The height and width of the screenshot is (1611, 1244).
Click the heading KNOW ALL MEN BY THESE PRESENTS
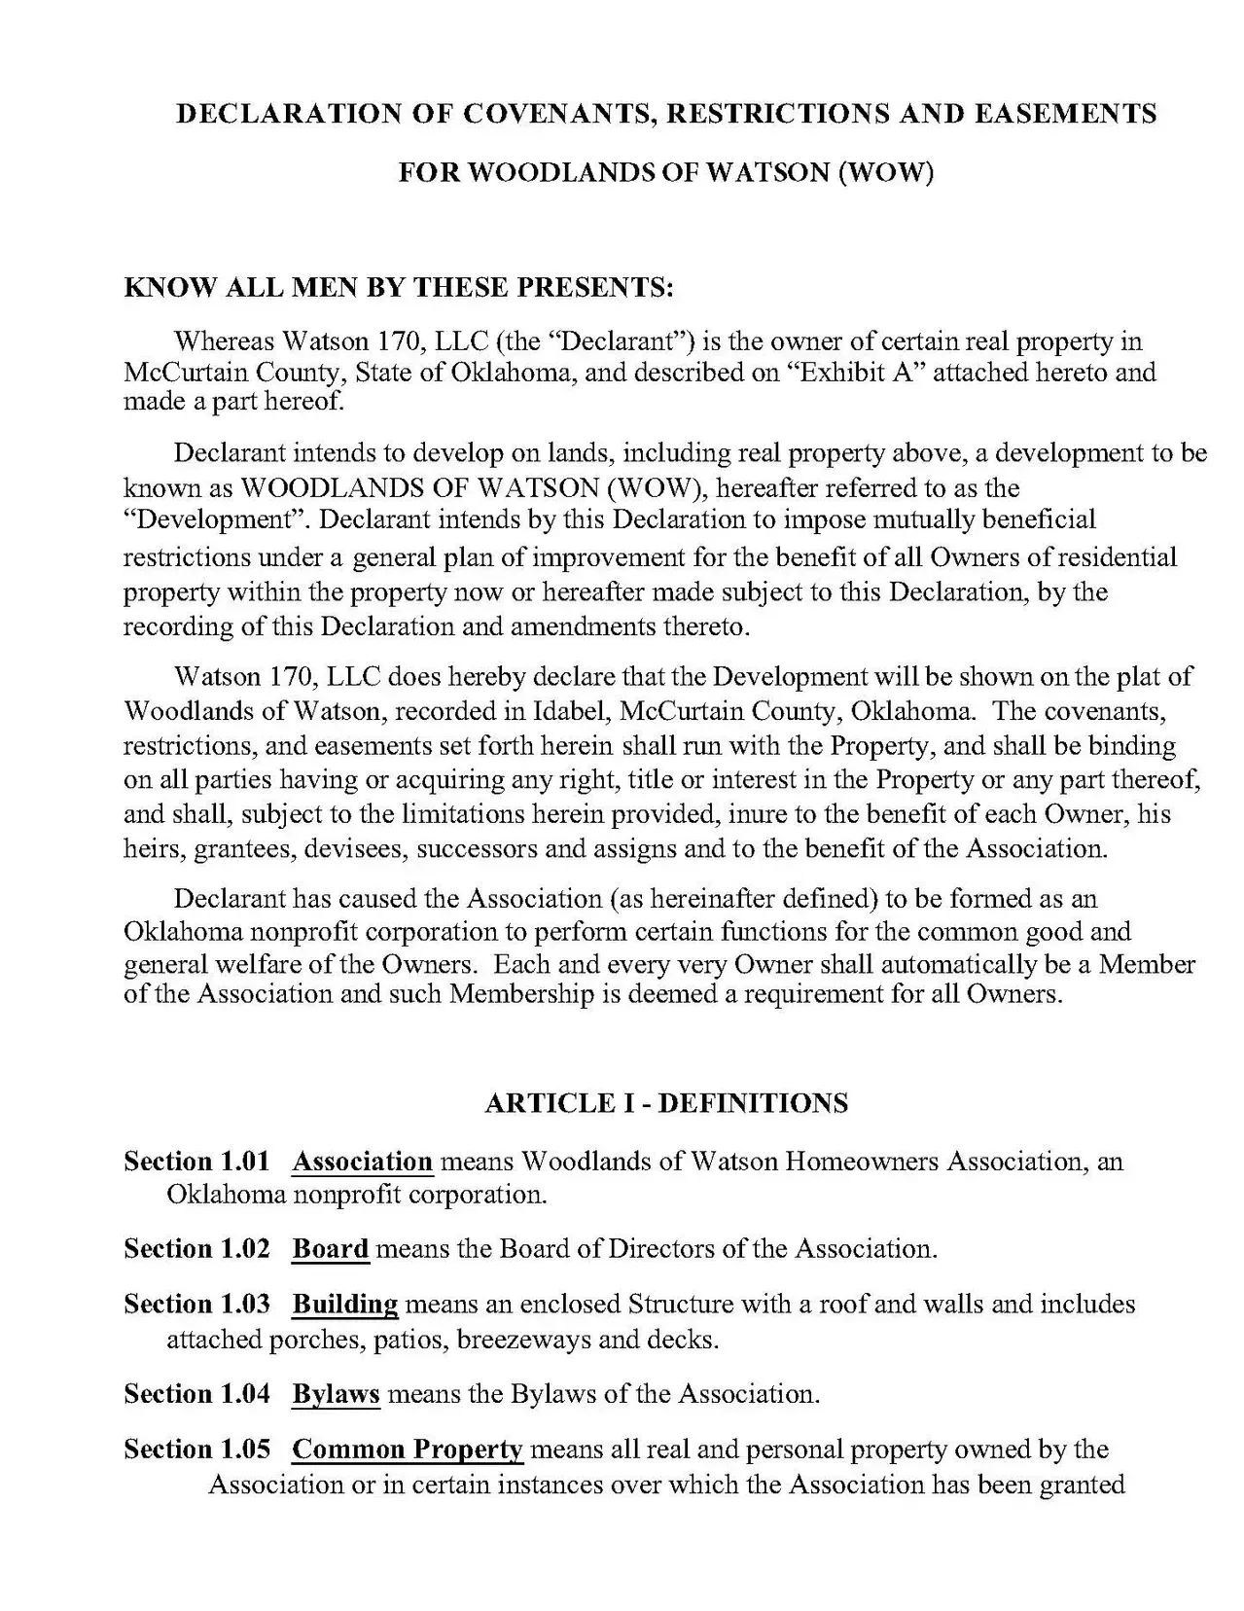399,288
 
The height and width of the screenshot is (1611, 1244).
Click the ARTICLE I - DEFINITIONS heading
666,1103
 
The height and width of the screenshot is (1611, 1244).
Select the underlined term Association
362,1162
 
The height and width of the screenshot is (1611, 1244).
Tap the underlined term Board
331,1249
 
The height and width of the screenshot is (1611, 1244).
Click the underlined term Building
344,1305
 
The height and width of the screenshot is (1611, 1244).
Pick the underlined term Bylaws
336,1395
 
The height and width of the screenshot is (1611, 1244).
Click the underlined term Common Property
408,1450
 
